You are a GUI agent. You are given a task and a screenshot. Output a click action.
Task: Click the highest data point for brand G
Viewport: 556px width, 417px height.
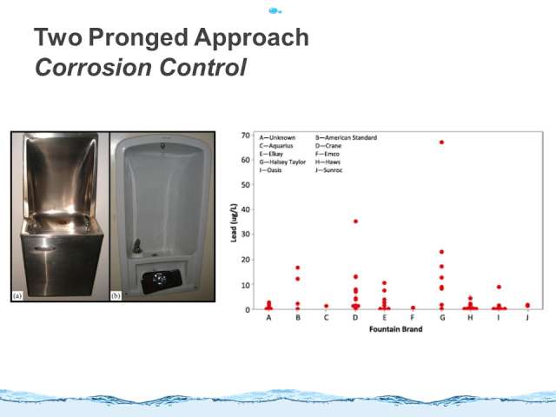[441, 142]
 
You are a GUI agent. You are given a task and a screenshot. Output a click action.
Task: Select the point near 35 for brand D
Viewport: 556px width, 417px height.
[355, 222]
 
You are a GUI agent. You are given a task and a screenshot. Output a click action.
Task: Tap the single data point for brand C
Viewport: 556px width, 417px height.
[327, 306]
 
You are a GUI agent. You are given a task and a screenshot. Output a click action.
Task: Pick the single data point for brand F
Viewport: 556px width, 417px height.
[413, 308]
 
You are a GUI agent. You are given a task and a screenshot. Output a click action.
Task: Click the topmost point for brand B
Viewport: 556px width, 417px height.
[297, 268]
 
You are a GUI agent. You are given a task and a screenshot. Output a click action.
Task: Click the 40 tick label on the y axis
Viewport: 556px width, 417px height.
[245, 209]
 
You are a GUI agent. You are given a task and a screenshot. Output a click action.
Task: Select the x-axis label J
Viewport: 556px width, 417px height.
[527, 317]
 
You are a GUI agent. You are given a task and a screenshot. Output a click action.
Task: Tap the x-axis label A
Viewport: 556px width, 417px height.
[268, 317]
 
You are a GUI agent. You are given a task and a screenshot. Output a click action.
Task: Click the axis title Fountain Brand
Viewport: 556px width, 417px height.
[396, 329]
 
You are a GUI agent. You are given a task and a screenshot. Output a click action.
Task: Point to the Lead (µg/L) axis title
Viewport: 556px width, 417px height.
[234, 222]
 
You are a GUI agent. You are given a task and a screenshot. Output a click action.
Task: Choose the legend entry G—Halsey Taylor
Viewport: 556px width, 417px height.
[282, 162]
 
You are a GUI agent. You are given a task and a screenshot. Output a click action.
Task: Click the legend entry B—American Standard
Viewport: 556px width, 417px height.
[346, 137]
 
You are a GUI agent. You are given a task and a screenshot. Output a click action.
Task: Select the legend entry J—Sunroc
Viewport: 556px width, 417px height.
[328, 170]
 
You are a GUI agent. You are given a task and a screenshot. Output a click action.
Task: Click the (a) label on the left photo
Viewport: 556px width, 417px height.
[17, 295]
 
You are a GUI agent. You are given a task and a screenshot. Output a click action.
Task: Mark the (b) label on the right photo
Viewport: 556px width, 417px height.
[116, 295]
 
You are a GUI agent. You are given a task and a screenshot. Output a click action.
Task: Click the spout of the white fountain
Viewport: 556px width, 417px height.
[137, 246]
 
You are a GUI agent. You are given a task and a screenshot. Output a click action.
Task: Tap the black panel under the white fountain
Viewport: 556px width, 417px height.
[162, 281]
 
